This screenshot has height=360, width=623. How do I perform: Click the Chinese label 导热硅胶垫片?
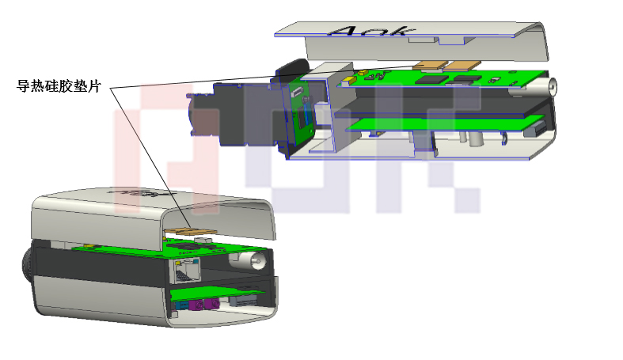[59, 85]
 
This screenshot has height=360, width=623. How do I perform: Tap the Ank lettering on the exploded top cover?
[371, 31]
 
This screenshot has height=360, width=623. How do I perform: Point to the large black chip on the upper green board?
[431, 79]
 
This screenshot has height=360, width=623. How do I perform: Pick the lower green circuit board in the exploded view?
[444, 123]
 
